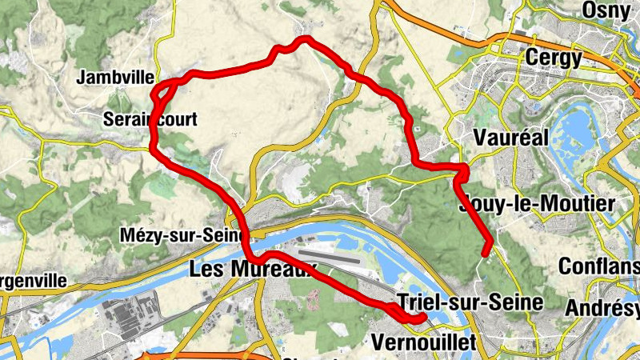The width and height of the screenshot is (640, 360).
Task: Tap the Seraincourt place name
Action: click(150, 119)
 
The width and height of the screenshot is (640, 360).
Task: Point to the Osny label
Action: click(610, 10)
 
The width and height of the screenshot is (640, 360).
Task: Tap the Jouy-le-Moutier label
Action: click(538, 204)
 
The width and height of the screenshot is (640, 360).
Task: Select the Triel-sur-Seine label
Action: click(470, 302)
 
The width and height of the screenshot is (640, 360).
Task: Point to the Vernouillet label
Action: click(424, 342)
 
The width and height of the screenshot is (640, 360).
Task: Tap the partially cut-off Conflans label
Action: click(599, 266)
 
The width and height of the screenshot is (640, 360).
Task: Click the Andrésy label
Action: click(603, 308)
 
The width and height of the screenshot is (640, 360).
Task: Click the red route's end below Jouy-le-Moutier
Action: click(486, 254)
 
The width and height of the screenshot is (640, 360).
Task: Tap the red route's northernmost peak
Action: click(305, 38)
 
